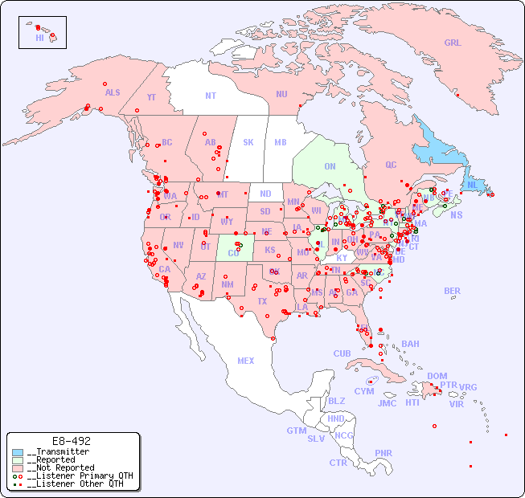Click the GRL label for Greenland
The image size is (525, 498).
click(453, 43)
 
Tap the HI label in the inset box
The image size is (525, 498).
click(39, 38)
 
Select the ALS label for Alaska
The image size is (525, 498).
click(113, 93)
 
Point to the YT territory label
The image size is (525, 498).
click(151, 97)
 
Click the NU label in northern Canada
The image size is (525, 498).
click(281, 94)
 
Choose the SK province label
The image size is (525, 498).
click(248, 142)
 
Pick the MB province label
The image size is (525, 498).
click(280, 142)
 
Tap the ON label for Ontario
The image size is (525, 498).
click(330, 166)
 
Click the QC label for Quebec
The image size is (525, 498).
click(391, 165)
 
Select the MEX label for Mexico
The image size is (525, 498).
click(246, 361)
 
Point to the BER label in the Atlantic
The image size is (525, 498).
click(453, 291)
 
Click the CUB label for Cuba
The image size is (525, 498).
click(342, 353)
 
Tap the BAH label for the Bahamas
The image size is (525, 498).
click(410, 344)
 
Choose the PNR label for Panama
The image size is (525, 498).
click(383, 453)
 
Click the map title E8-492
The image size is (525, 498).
click(71, 441)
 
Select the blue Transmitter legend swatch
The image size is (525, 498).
click(18, 452)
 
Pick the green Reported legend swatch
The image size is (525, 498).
click(18, 460)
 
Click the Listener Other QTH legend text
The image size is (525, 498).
click(76, 484)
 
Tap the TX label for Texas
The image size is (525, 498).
click(262, 301)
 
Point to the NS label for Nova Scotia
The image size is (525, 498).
click(456, 215)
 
